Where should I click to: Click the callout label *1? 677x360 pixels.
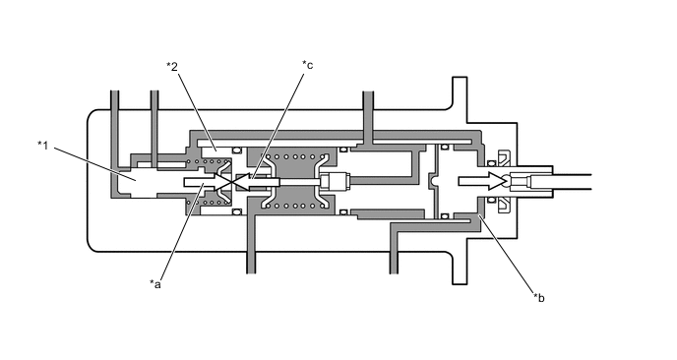[x=42, y=145]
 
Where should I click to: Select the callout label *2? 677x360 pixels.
[x=172, y=67]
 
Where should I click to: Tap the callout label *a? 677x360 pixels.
[x=155, y=283]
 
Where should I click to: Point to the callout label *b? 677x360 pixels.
[x=539, y=297]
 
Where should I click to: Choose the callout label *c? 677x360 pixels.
[x=307, y=65]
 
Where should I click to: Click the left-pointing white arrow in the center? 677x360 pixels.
[x=256, y=182]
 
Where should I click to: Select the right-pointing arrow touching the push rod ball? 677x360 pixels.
[x=480, y=181]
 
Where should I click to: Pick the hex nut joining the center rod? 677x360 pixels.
[x=335, y=180]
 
